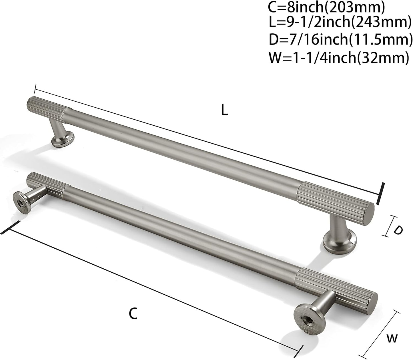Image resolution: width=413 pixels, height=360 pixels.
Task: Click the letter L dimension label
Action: click(224, 110)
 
